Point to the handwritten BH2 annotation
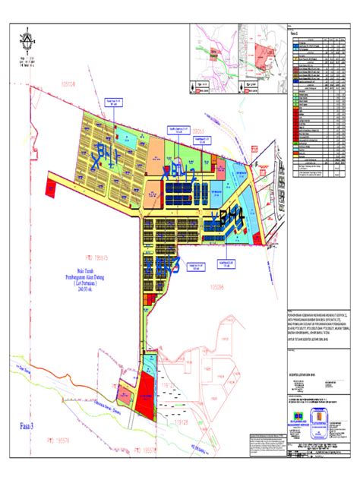pyautogui.click(x=179, y=172)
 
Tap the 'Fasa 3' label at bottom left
pyautogui.click(x=32, y=428)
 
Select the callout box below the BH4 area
pyautogui.click(x=227, y=265)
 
